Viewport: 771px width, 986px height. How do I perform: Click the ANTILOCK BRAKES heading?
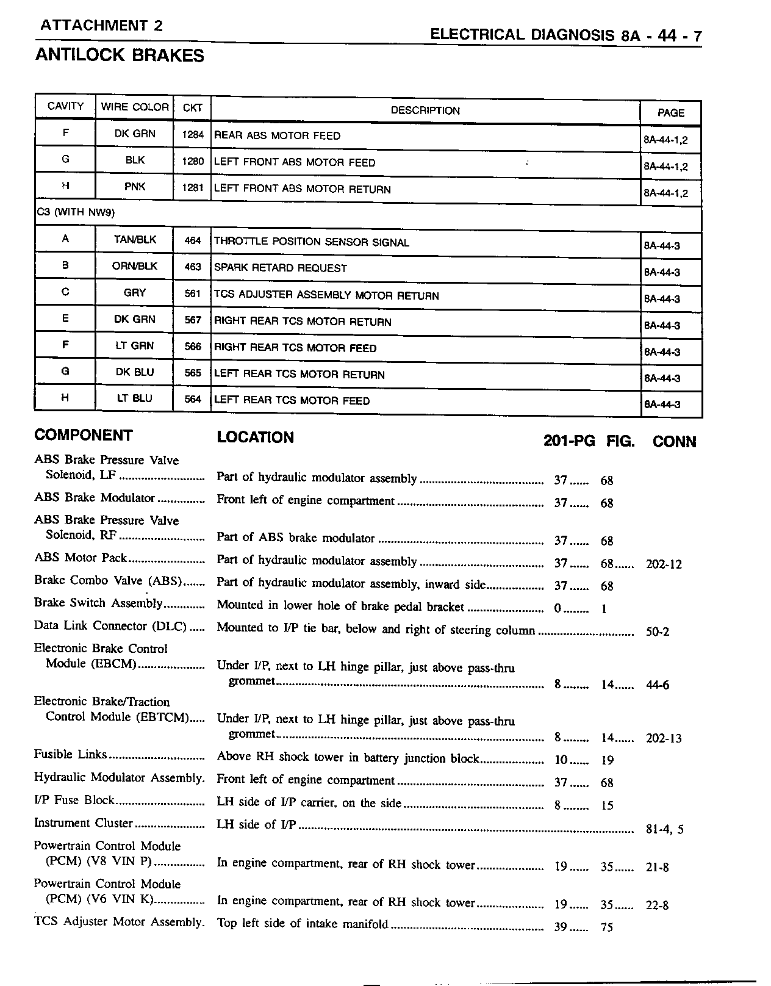[x=120, y=56]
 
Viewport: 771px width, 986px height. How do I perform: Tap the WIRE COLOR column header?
[x=134, y=107]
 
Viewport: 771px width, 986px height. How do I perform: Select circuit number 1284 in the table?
[x=192, y=134]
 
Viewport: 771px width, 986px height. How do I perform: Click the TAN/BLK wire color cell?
[x=135, y=240]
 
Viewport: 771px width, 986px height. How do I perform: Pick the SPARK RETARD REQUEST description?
[x=280, y=268]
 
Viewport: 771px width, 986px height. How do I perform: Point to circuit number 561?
[x=192, y=293]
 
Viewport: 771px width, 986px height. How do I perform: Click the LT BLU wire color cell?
[x=134, y=398]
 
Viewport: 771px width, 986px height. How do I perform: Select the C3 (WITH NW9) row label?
[x=76, y=213]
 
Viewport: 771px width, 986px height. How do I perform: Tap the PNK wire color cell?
[x=135, y=187]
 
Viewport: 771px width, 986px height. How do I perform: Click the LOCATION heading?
[x=255, y=437]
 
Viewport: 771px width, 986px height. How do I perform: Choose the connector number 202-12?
[x=664, y=564]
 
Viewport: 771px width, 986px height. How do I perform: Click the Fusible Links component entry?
[x=71, y=755]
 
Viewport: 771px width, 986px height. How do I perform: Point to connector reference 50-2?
[x=658, y=632]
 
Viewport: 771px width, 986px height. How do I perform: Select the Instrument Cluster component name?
[x=84, y=823]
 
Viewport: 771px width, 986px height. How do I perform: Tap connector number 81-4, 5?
[x=664, y=830]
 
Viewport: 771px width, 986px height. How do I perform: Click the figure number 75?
[x=606, y=928]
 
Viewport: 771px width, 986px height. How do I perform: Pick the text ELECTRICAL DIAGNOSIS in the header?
[x=522, y=35]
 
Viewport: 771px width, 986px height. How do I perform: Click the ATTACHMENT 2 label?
[x=101, y=26]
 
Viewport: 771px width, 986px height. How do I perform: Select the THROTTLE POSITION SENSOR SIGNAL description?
[x=311, y=242]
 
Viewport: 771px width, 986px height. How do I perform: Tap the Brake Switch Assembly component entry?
[x=98, y=603]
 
